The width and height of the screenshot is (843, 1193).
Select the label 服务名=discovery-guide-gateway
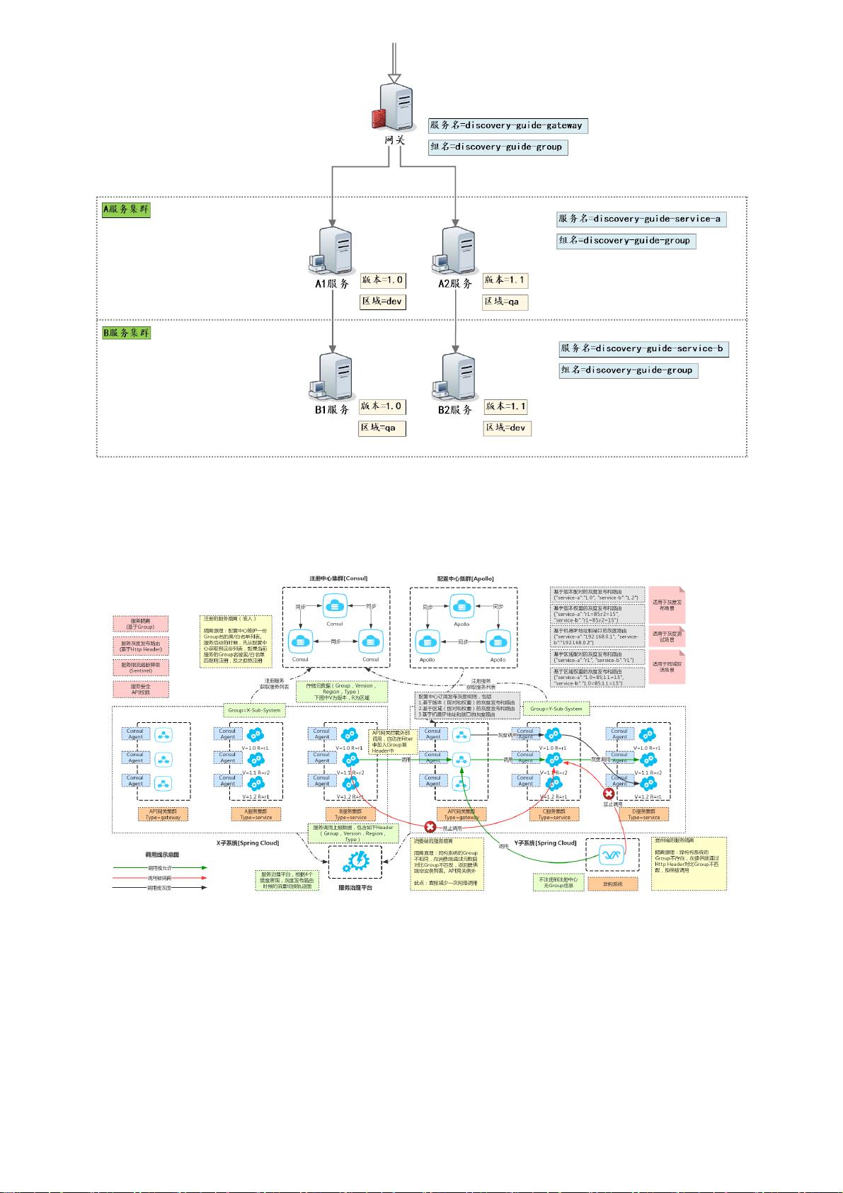click(x=506, y=125)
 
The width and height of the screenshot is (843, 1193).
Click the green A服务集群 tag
click(x=127, y=210)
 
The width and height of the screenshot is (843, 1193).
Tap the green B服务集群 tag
click(x=127, y=332)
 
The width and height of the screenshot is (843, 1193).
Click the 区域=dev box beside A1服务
click(x=383, y=302)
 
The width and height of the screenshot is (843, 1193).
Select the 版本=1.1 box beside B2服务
click(x=505, y=406)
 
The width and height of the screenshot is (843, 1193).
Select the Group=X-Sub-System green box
click(x=254, y=709)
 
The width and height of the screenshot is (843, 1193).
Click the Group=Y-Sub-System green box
click(x=556, y=709)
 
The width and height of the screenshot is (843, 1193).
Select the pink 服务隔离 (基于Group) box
click(x=140, y=624)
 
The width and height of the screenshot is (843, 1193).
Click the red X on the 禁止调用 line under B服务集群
click(x=430, y=827)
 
